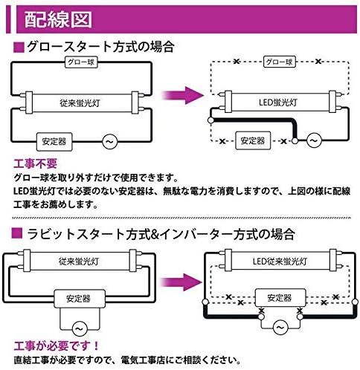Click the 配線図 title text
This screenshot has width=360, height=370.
[58, 19]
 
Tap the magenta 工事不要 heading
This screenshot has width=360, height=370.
[35, 163]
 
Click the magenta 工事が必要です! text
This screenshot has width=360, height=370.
[57, 345]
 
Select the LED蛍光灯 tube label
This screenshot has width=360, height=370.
[278, 103]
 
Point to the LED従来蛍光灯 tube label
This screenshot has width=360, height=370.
[280, 262]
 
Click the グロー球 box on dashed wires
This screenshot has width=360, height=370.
[280, 62]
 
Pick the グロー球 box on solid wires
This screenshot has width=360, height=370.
[81, 62]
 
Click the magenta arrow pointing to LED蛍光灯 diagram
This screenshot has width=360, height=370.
[183, 95]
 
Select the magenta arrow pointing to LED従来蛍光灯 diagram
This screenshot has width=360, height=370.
[181, 282]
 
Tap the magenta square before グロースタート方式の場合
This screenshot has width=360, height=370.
[19, 47]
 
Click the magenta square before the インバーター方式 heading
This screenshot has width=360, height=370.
[17, 233]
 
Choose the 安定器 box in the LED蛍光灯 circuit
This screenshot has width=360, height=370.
[253, 140]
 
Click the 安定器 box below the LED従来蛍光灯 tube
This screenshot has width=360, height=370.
[280, 298]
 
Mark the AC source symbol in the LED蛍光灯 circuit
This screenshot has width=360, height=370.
[314, 140]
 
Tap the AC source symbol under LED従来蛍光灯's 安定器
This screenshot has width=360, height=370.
[280, 328]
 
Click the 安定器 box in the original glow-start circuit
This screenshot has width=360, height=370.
[54, 142]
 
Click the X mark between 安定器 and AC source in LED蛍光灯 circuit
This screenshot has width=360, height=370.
[283, 141]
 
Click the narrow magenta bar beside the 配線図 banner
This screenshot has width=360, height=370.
[9, 19]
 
